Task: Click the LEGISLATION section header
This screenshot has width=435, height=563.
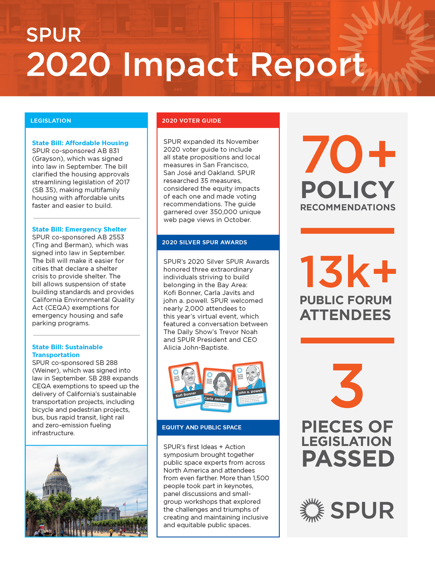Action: [x=51, y=121]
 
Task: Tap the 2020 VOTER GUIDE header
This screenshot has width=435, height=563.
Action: [x=191, y=121]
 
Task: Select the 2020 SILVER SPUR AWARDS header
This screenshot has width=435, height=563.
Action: [x=204, y=242]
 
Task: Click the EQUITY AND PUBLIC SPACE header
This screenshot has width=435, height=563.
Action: [x=202, y=427]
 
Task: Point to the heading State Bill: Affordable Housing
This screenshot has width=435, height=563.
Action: [x=80, y=143]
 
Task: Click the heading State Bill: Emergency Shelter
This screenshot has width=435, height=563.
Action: [x=79, y=229]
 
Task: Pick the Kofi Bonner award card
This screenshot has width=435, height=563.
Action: [x=185, y=384]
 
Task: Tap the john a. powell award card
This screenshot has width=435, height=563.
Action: [x=250, y=384]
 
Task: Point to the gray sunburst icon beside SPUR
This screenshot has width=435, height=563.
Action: [x=312, y=510]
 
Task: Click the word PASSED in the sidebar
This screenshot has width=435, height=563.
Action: [x=348, y=459]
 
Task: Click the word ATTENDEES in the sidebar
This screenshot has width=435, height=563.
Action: [x=345, y=315]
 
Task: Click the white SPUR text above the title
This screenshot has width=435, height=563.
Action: [x=54, y=35]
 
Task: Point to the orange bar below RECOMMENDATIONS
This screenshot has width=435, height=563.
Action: [x=347, y=231]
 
